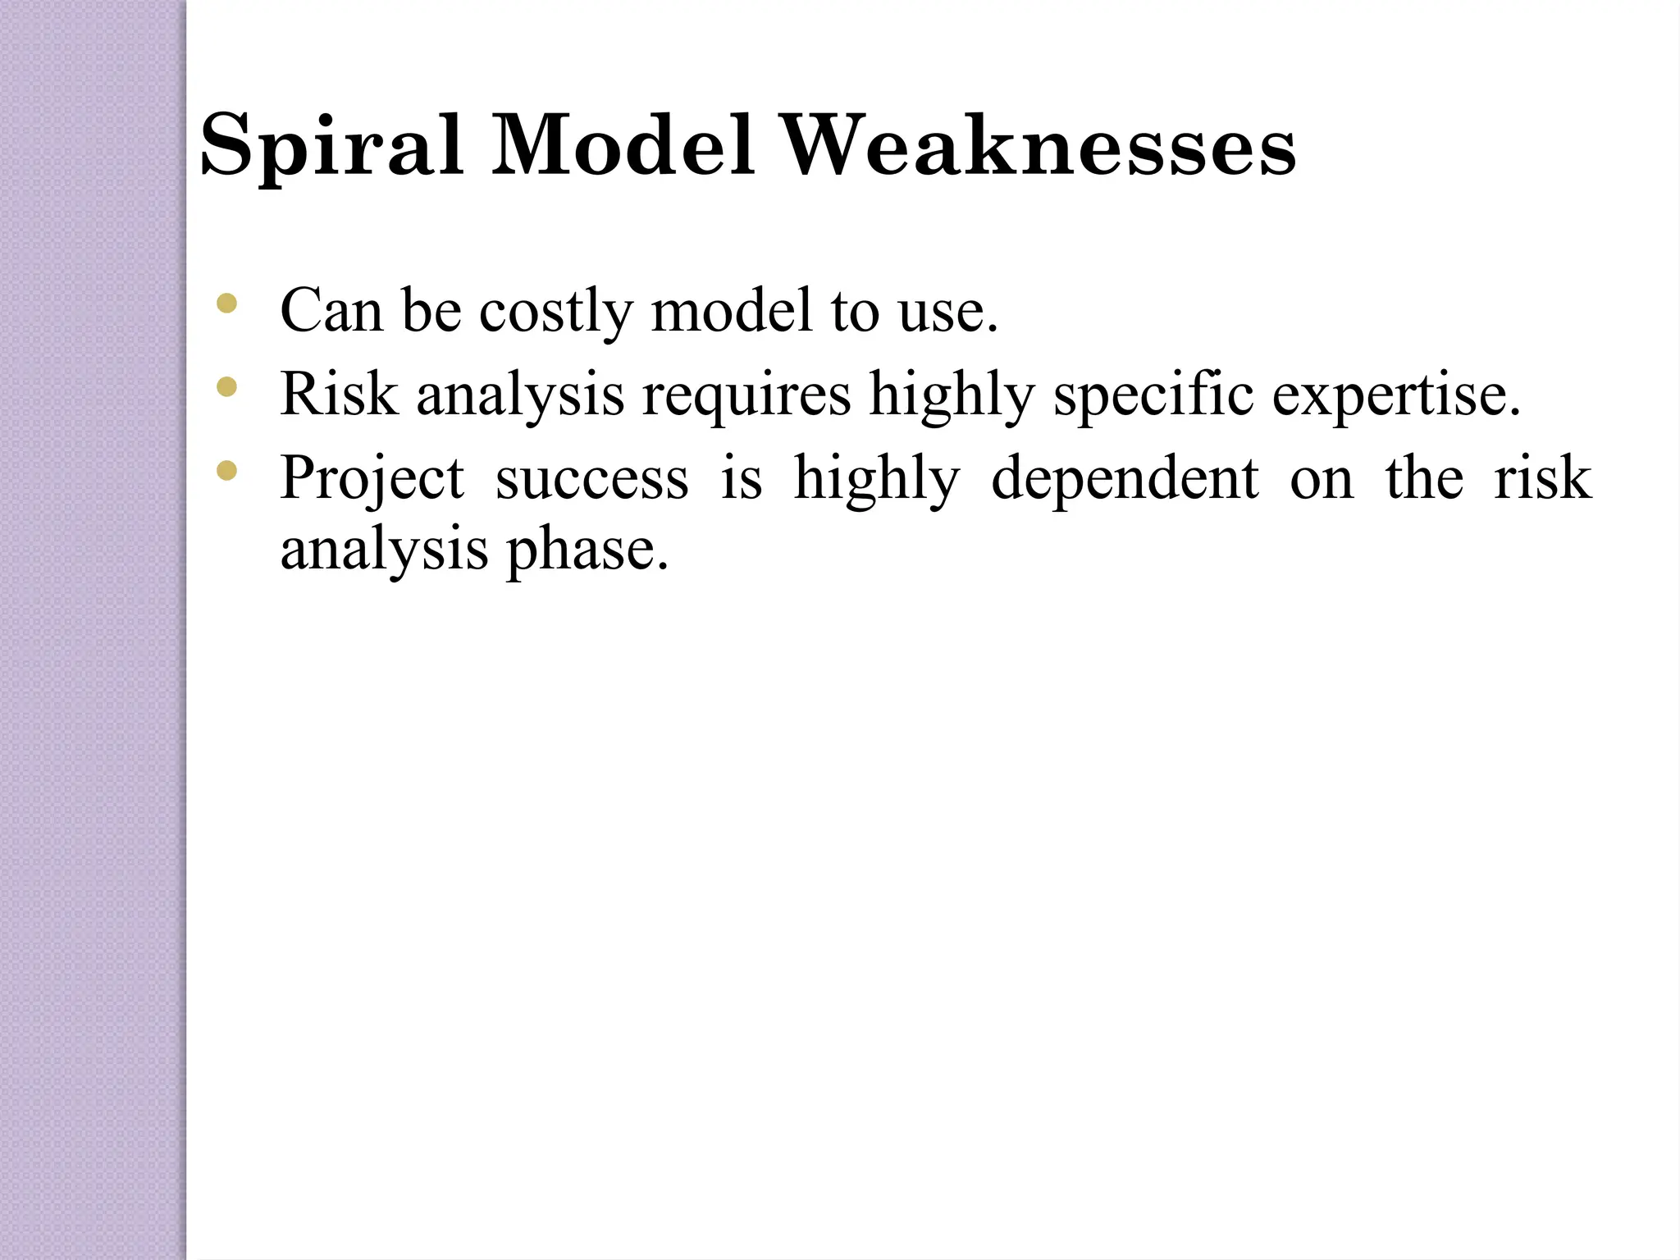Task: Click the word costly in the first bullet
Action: coord(556,312)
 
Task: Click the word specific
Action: coord(1153,396)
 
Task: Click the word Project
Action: coord(372,478)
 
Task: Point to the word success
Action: coord(591,480)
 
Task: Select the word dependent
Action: coord(1125,478)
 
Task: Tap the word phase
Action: coord(587,550)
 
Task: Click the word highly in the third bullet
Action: coord(876,478)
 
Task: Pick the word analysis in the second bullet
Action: coord(520,396)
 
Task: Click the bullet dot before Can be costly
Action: coord(226,305)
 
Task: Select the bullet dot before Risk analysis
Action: coord(226,386)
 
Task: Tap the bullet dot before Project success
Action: coord(226,470)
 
